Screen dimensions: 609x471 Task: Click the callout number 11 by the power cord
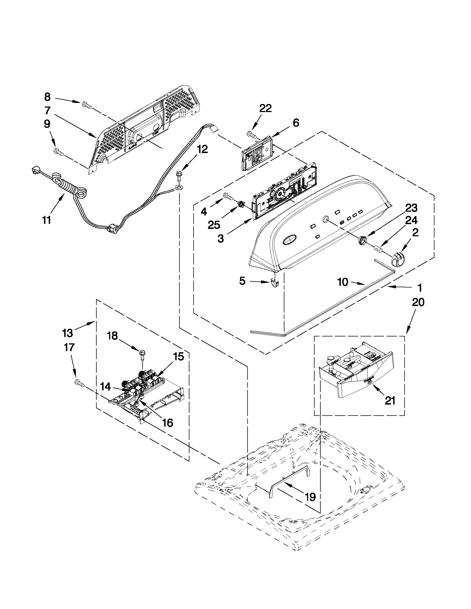tap(47, 220)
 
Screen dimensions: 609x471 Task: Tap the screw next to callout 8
tap(87, 105)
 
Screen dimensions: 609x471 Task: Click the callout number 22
tap(265, 108)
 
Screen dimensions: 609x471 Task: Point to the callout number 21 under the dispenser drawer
tap(390, 401)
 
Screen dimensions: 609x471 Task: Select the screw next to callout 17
tap(79, 383)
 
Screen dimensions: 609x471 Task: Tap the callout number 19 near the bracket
tap(310, 497)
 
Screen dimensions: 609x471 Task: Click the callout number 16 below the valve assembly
tap(168, 423)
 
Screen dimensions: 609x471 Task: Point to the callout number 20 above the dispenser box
tap(418, 302)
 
